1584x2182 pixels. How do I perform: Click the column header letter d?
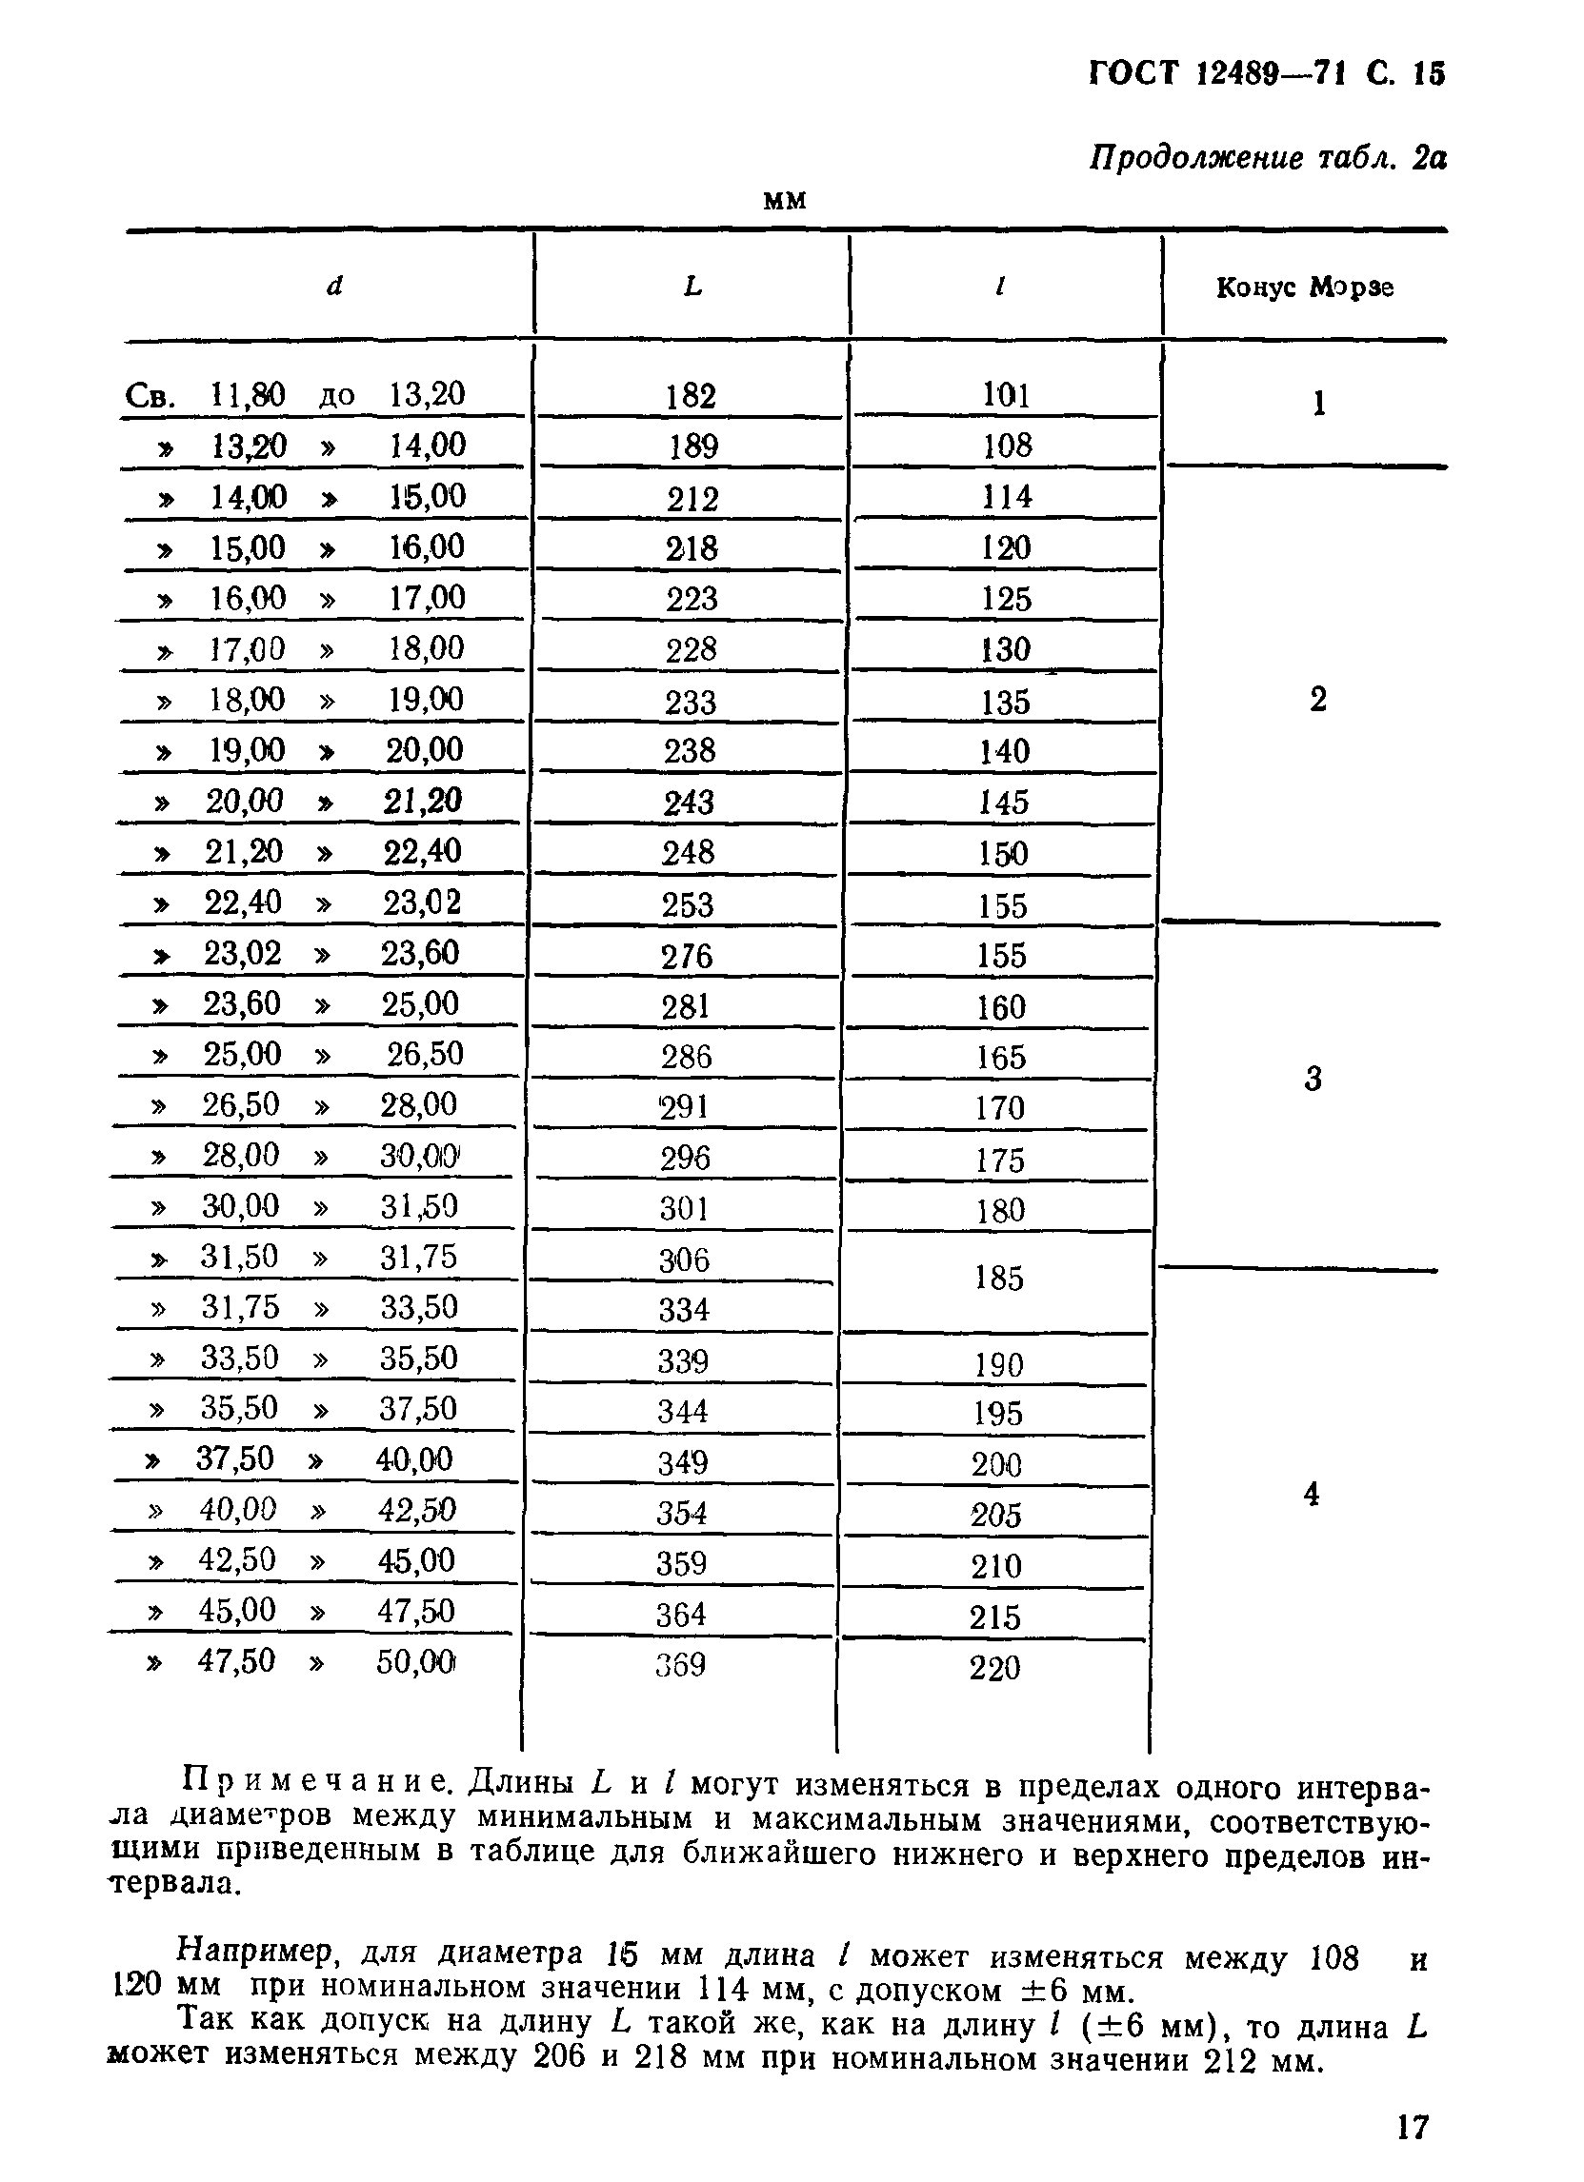pos(334,286)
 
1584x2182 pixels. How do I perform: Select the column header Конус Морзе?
pos(1305,288)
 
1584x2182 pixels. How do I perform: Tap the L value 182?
pos(691,396)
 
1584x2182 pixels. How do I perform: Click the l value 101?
pos(1007,395)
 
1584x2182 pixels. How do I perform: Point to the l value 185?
pos(999,1278)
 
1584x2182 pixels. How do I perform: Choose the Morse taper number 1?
pos(1319,404)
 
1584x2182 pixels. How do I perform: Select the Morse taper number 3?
pos(1313,1079)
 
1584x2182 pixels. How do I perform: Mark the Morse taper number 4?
pos(1311,1494)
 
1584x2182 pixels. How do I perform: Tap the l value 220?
pos(995,1667)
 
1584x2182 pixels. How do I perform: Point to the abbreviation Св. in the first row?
pos(150,395)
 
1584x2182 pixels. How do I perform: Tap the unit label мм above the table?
pos(784,200)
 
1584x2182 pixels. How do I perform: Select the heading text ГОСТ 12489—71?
pos(1216,74)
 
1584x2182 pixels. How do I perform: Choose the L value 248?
pos(688,852)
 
